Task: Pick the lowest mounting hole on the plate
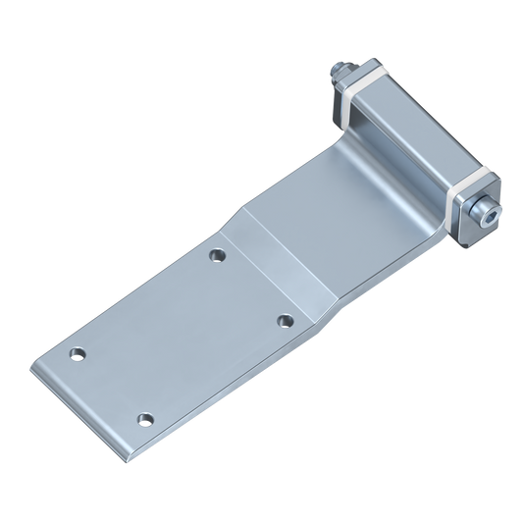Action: click(x=146, y=417)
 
